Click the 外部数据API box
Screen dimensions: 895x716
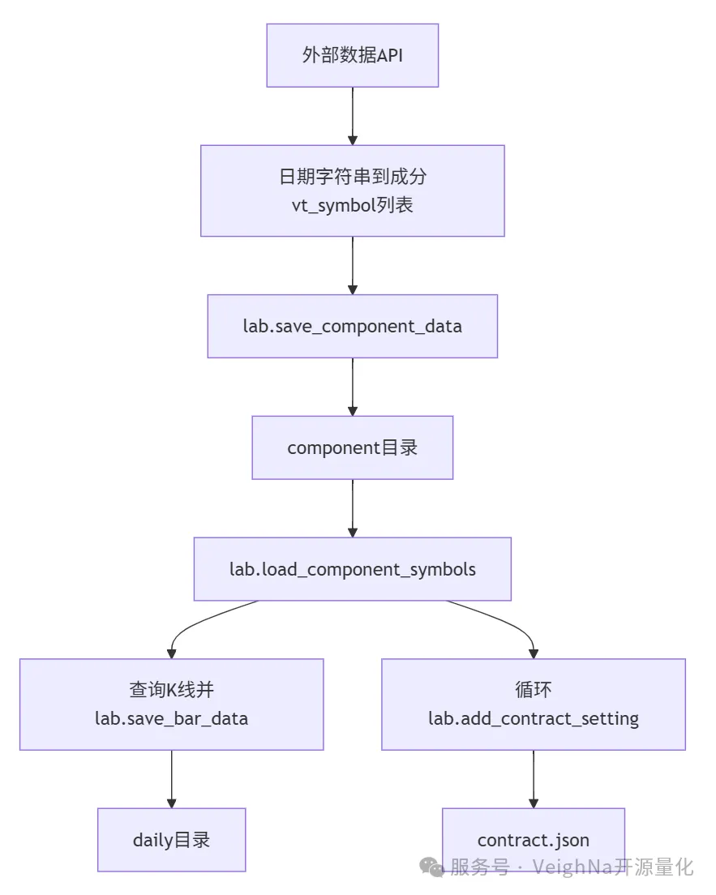point(352,55)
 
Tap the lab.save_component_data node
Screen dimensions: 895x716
point(352,326)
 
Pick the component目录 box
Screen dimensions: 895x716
point(352,447)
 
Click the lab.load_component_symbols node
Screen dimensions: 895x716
point(352,569)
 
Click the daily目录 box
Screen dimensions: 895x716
point(171,840)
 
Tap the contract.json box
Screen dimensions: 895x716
point(533,840)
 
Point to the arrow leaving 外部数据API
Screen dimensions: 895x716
point(352,115)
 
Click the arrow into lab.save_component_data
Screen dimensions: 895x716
point(352,265)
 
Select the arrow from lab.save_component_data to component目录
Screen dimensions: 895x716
point(352,387)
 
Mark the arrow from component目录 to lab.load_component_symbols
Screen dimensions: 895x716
point(352,508)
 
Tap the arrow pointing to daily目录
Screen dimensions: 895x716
point(171,778)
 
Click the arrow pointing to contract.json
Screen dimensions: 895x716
point(533,778)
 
